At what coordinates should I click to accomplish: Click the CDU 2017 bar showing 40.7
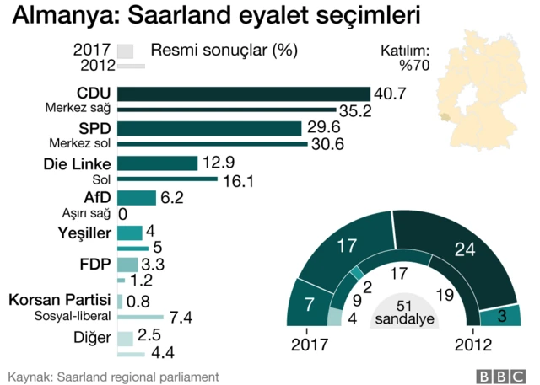[244, 94]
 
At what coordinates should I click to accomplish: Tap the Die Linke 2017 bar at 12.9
[158, 163]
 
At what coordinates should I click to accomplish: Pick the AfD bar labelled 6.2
[137, 198]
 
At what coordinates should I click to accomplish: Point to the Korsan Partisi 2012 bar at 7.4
[141, 317]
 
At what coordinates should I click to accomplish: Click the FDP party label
[95, 265]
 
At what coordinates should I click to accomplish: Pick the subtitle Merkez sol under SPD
[78, 143]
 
